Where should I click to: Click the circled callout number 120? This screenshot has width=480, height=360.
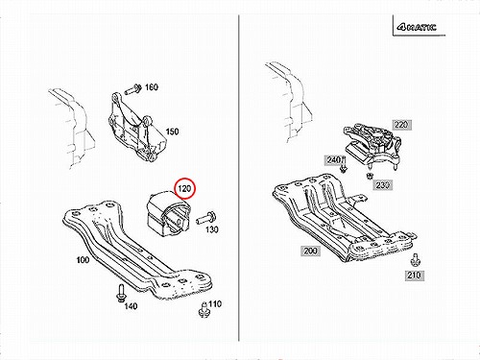pyautogui.click(x=184, y=188)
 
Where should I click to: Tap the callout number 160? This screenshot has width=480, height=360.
pyautogui.click(x=152, y=87)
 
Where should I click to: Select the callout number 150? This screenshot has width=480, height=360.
pyautogui.click(x=172, y=132)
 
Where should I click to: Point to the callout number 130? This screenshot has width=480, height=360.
pyautogui.click(x=212, y=229)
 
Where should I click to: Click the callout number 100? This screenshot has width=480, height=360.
pyautogui.click(x=83, y=260)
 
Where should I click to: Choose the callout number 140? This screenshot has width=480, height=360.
pyautogui.click(x=131, y=306)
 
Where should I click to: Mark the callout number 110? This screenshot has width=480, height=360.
pyautogui.click(x=215, y=303)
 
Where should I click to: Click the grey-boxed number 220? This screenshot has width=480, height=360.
pyautogui.click(x=401, y=125)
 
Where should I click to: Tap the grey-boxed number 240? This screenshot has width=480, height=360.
pyautogui.click(x=333, y=159)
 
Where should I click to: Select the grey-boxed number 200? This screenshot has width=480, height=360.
pyautogui.click(x=310, y=251)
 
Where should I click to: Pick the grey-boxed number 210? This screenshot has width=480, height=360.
pyautogui.click(x=415, y=276)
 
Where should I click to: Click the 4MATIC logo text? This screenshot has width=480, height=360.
pyautogui.click(x=417, y=27)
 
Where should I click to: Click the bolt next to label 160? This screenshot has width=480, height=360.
pyautogui.click(x=133, y=89)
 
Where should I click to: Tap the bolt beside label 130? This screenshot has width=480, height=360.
pyautogui.click(x=205, y=219)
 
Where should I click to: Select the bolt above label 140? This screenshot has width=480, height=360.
pyautogui.click(x=121, y=293)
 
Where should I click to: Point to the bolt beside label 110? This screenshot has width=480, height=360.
pyautogui.click(x=203, y=309)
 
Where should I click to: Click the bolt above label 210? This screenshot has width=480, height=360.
pyautogui.click(x=415, y=259)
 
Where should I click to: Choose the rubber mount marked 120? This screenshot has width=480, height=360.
pyautogui.click(x=168, y=213)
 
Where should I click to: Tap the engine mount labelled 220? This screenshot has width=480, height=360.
pyautogui.click(x=372, y=144)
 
